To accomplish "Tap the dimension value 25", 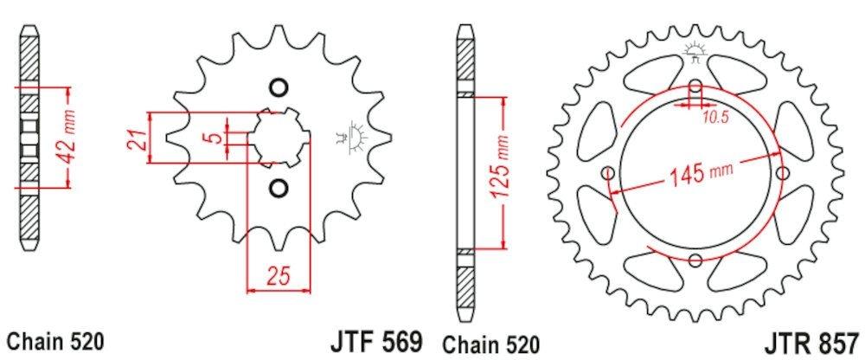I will click(277, 278).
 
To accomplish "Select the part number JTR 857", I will click(812, 337).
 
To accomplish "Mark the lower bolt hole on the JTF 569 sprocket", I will click(278, 187).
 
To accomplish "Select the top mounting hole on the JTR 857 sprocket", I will click(695, 87).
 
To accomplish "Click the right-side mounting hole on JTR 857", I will click(782, 173).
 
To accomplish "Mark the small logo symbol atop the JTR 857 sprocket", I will click(695, 51).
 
